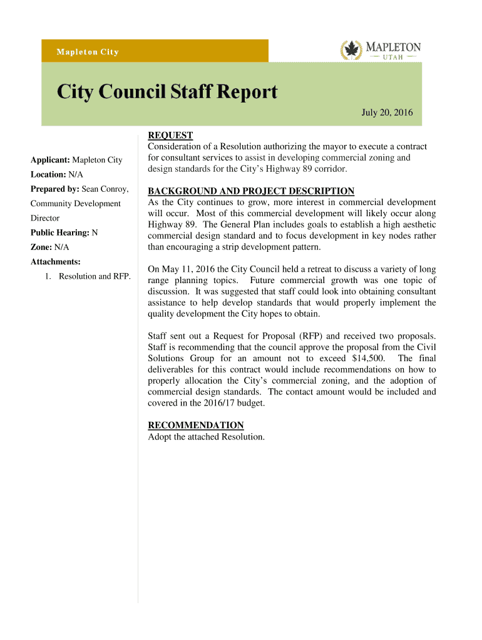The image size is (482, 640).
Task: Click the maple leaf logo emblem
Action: (351, 50)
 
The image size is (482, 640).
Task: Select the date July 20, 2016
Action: (387, 112)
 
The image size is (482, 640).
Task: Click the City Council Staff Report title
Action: (167, 92)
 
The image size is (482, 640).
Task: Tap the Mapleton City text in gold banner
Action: (88, 52)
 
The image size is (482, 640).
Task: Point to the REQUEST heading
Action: (170, 136)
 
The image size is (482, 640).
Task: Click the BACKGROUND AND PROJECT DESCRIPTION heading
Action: (251, 191)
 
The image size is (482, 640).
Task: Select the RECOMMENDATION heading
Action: (195, 425)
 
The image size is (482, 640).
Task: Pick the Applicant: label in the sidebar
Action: (51, 161)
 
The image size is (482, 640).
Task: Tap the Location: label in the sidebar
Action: (49, 175)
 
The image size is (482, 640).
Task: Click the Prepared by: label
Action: (54, 189)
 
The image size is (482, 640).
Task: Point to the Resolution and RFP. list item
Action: (95, 276)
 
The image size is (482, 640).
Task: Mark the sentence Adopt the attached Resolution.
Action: (206, 436)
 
